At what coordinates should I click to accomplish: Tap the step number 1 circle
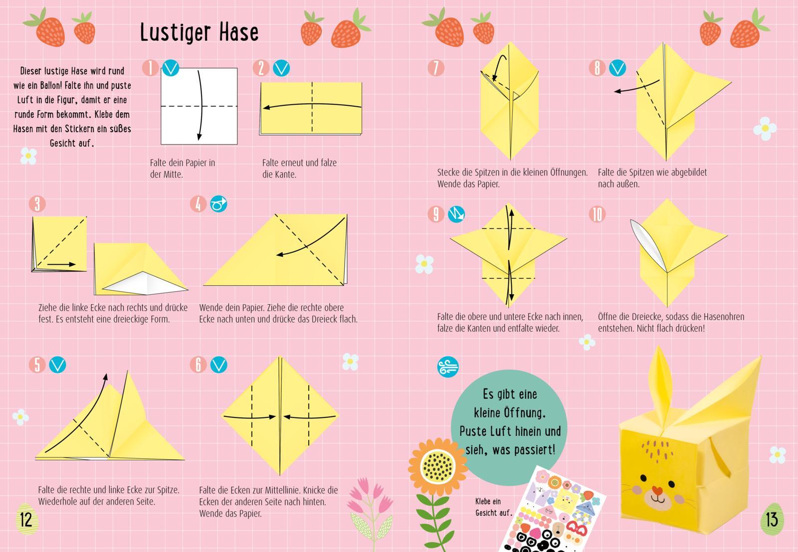pos(150,68)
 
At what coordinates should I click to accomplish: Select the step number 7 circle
pos(435,68)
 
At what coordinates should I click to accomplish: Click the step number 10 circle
pos(597,214)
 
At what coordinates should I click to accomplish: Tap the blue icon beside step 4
pos(218,204)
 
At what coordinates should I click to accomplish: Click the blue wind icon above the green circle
pos(447,367)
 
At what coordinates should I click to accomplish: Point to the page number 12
pos(25,519)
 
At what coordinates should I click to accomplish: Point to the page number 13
pos(772,519)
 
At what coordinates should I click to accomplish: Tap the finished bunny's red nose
pos(657,491)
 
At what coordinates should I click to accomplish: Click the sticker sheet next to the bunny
pos(554,511)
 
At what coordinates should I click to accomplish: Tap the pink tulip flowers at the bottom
pos(367,496)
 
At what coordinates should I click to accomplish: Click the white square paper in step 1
pos(199,106)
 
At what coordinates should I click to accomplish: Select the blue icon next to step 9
pos(456,214)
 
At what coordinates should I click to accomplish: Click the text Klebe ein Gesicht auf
pos(493,507)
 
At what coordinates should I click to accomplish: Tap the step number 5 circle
pos(37,365)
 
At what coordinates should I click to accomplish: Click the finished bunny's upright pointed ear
pos(662,384)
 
